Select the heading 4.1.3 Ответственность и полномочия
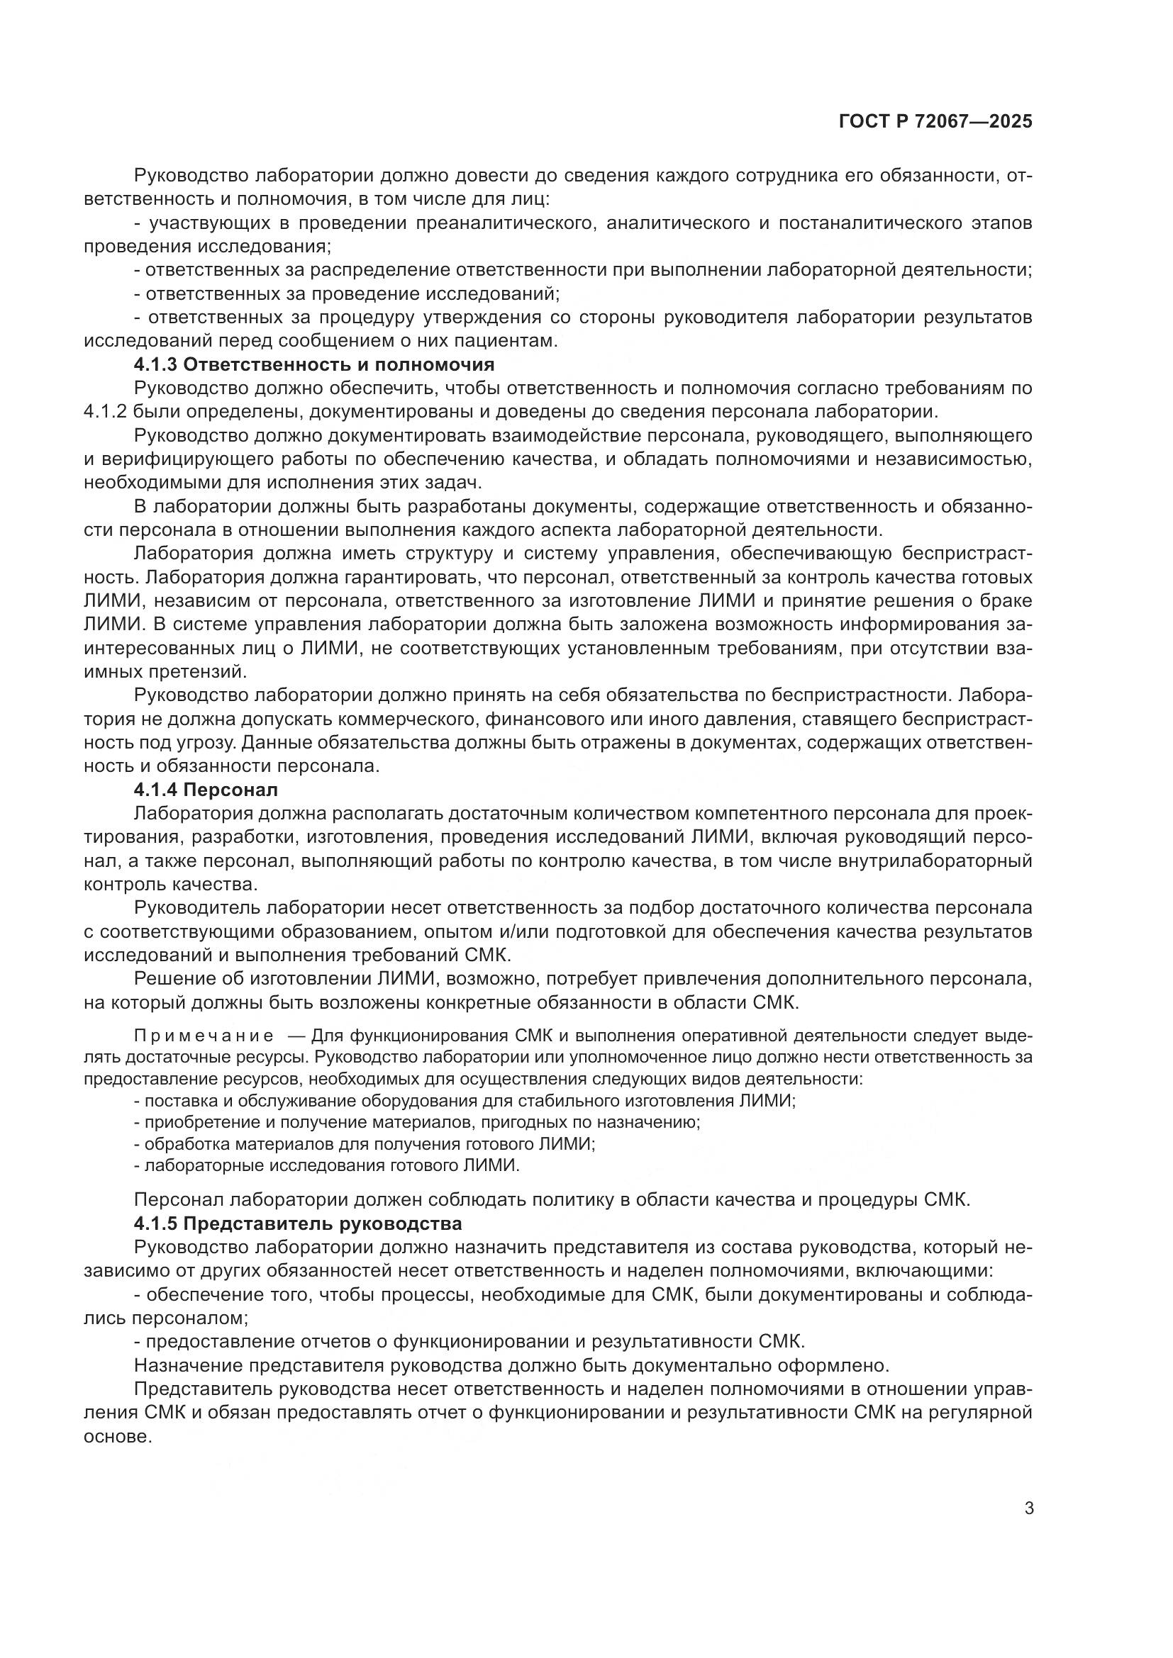(313, 364)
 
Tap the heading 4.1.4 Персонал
(206, 789)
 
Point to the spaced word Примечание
(204, 1036)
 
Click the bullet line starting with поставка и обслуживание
(465, 1102)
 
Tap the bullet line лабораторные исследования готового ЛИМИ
(327, 1165)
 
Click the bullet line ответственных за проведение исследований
(347, 293)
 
